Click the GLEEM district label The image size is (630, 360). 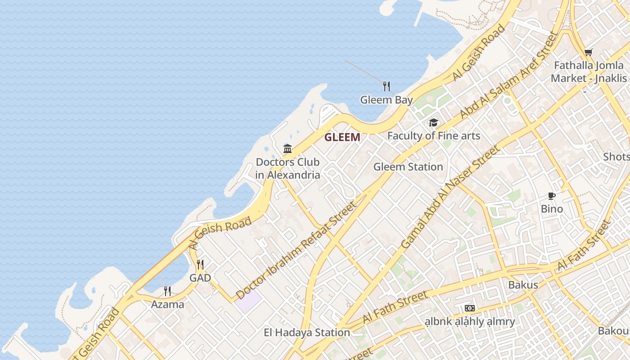tap(342, 137)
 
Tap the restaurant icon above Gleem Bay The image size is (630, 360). tap(386, 86)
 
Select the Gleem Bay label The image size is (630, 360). tap(386, 100)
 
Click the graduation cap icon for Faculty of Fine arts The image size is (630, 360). tap(433, 122)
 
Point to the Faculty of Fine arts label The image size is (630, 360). tap(434, 135)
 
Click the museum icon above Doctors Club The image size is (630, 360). tap(288, 148)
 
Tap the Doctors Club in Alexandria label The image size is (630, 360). tap(288, 168)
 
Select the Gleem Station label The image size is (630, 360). tap(408, 167)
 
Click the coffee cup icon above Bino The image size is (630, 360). tap(552, 196)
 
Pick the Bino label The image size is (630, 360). tap(552, 209)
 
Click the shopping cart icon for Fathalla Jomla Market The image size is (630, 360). tap(588, 52)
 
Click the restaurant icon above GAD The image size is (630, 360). tap(200, 265)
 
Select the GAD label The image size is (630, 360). tap(200, 278)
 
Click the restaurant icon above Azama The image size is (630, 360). tap(167, 291)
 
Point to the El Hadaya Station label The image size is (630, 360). tap(307, 333)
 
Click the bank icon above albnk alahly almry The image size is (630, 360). tap(470, 308)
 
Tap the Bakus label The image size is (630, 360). tap(523, 285)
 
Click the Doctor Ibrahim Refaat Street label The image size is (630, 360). tap(296, 250)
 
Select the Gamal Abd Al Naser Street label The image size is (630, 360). tap(450, 197)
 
